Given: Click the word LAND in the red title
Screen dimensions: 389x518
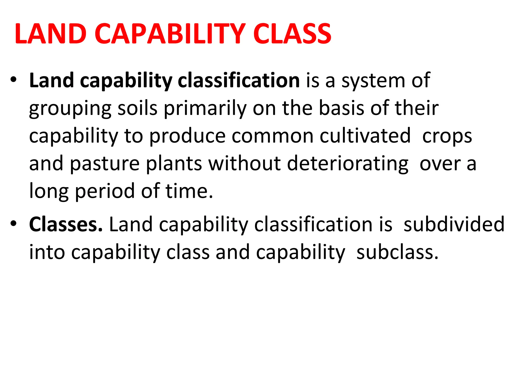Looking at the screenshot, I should tap(51, 34).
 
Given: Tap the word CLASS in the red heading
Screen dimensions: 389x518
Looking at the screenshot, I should tap(292, 34).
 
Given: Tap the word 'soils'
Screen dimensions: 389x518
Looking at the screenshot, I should tap(138, 108).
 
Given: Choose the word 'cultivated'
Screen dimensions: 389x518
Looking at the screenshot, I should tap(365, 136).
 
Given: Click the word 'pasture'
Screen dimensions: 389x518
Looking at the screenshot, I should tap(104, 164).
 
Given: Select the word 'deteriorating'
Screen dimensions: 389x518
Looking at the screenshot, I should tap(348, 164).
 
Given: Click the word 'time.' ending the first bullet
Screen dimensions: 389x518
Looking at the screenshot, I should tap(189, 191).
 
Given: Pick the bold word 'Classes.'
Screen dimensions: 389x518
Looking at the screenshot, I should tap(66, 224).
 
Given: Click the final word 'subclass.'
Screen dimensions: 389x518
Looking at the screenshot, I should tap(397, 252).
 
